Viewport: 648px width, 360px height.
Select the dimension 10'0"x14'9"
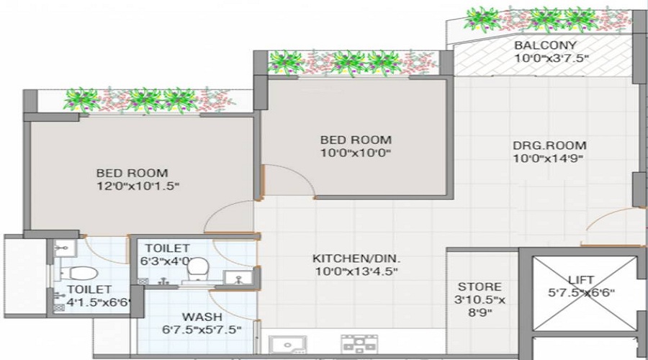pos(547,158)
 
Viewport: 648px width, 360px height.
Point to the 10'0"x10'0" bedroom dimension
pos(356,153)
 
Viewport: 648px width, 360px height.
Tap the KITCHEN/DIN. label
pos(356,258)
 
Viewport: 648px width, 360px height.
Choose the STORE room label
pos(479,287)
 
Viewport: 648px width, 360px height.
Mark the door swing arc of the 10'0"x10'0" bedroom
pos(288,180)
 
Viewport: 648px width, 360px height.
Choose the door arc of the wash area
pos(238,302)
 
